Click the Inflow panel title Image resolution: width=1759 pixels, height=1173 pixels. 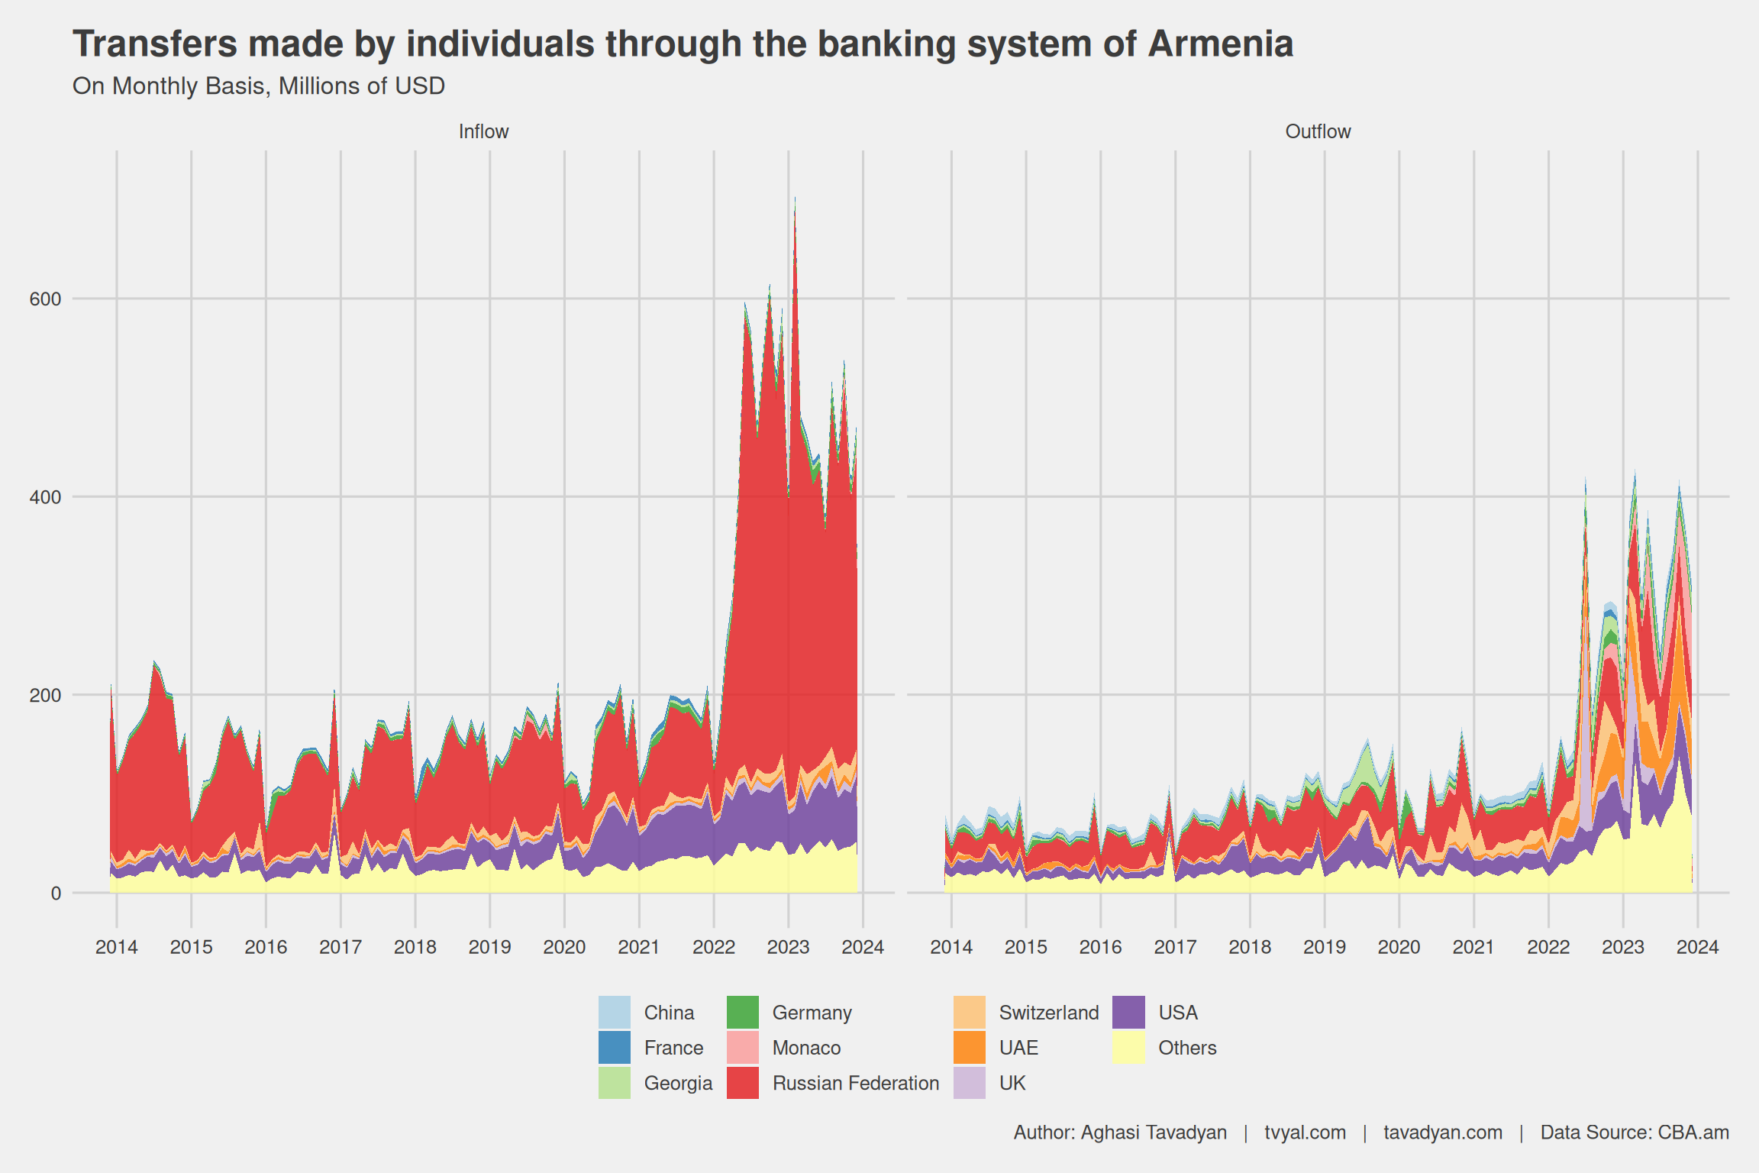(483, 131)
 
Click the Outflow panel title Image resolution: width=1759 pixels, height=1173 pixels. (1318, 131)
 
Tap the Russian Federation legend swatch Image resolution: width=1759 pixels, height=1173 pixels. (742, 1083)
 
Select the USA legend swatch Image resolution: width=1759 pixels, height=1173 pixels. (1128, 1013)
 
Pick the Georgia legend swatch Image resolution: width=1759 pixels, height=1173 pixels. (615, 1083)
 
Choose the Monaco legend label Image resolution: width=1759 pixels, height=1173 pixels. (806, 1048)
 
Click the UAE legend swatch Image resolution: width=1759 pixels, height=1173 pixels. (970, 1048)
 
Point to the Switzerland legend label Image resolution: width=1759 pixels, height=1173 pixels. (1049, 1013)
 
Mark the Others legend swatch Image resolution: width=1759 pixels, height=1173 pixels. (1128, 1048)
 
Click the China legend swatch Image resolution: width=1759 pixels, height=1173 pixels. (615, 1013)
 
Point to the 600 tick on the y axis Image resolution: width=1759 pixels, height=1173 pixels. (45, 299)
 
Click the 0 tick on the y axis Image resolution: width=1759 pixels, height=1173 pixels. (56, 893)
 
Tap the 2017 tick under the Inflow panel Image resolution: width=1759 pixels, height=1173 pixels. (341, 948)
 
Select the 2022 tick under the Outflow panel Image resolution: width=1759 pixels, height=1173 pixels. (1548, 948)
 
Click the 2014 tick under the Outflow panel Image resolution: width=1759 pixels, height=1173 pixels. (951, 948)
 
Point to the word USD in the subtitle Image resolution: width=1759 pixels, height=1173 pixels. (419, 86)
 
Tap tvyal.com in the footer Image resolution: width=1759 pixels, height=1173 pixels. (1305, 1133)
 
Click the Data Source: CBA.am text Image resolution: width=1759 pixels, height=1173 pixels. (1635, 1133)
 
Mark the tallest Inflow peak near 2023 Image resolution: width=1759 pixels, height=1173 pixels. (795, 199)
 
